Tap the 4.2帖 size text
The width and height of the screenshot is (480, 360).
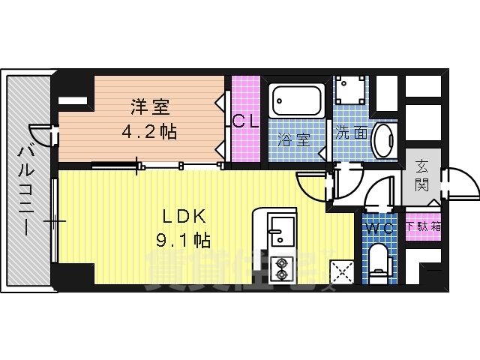click(150, 132)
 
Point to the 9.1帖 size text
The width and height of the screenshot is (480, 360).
click(182, 241)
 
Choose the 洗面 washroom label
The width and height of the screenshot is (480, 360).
click(351, 133)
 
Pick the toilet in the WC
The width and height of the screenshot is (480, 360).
click(379, 259)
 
